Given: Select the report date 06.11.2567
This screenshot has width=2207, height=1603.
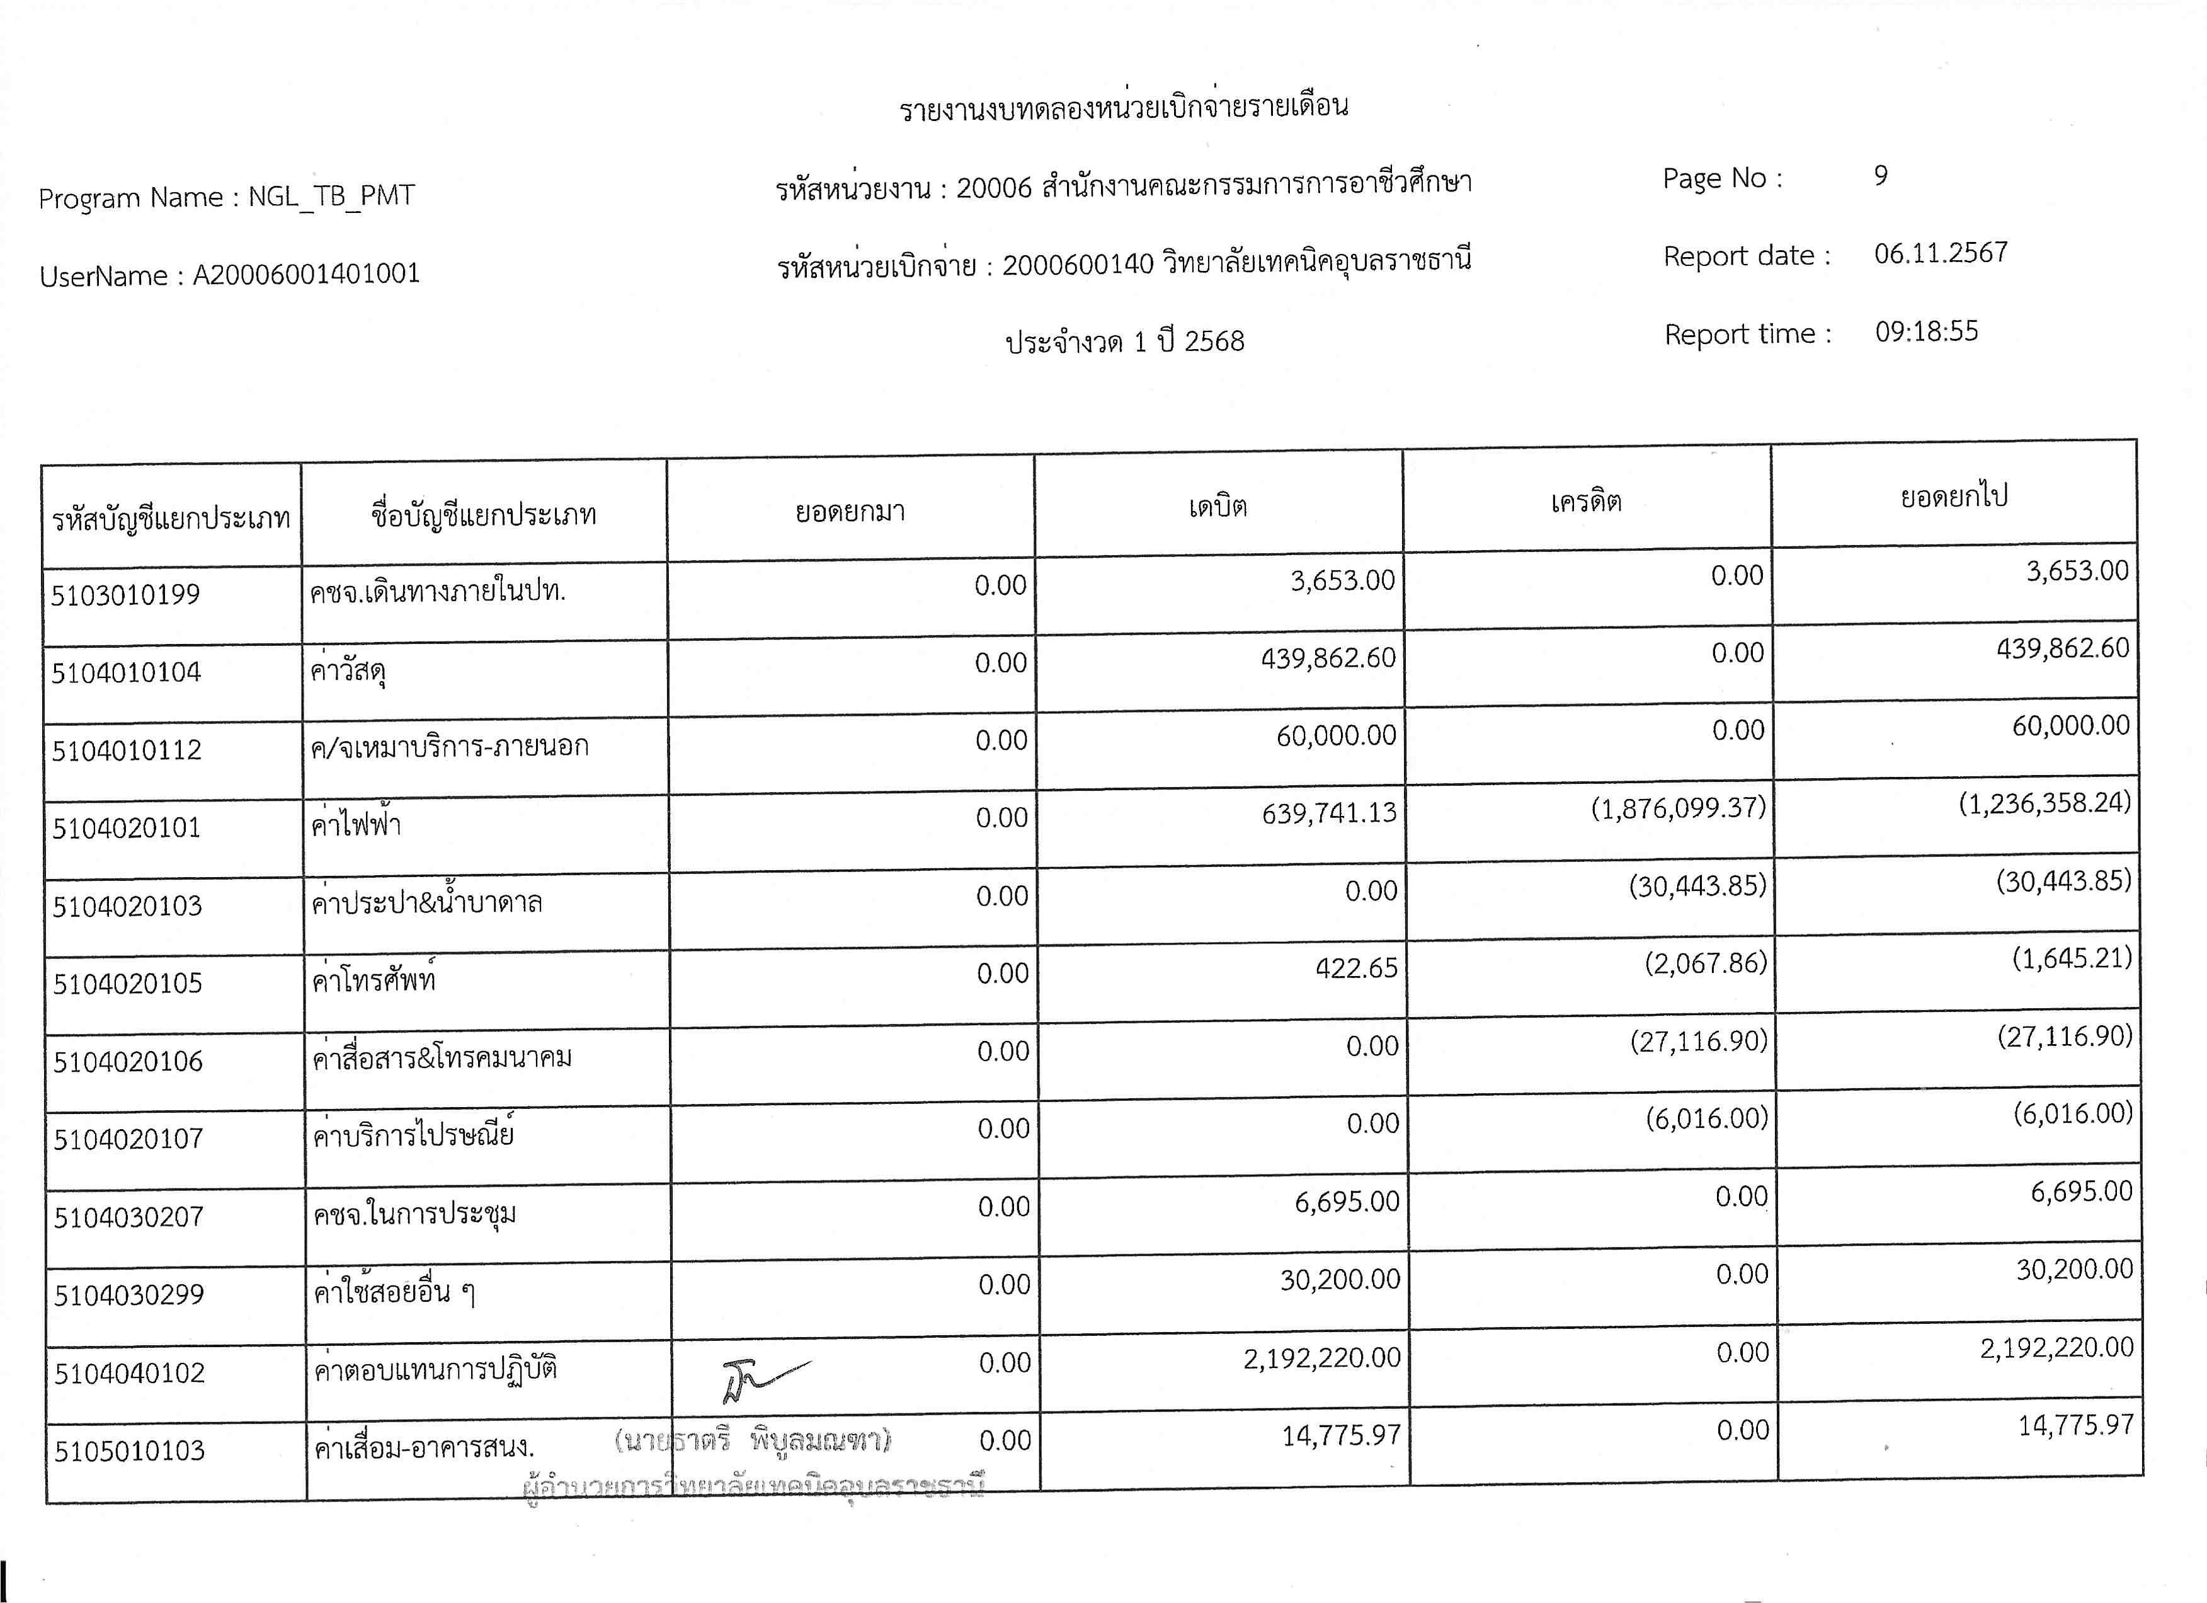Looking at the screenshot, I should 1941,253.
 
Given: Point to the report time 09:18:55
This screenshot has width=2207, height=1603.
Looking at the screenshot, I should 1926,332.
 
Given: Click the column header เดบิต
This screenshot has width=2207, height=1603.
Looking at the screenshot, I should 1218,506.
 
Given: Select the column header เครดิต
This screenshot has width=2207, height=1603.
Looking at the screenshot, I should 1586,501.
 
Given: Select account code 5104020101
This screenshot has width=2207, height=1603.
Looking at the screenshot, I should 127,827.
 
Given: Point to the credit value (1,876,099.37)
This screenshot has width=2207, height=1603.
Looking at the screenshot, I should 1678,808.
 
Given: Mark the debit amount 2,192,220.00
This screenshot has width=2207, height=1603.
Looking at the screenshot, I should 1321,1358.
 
